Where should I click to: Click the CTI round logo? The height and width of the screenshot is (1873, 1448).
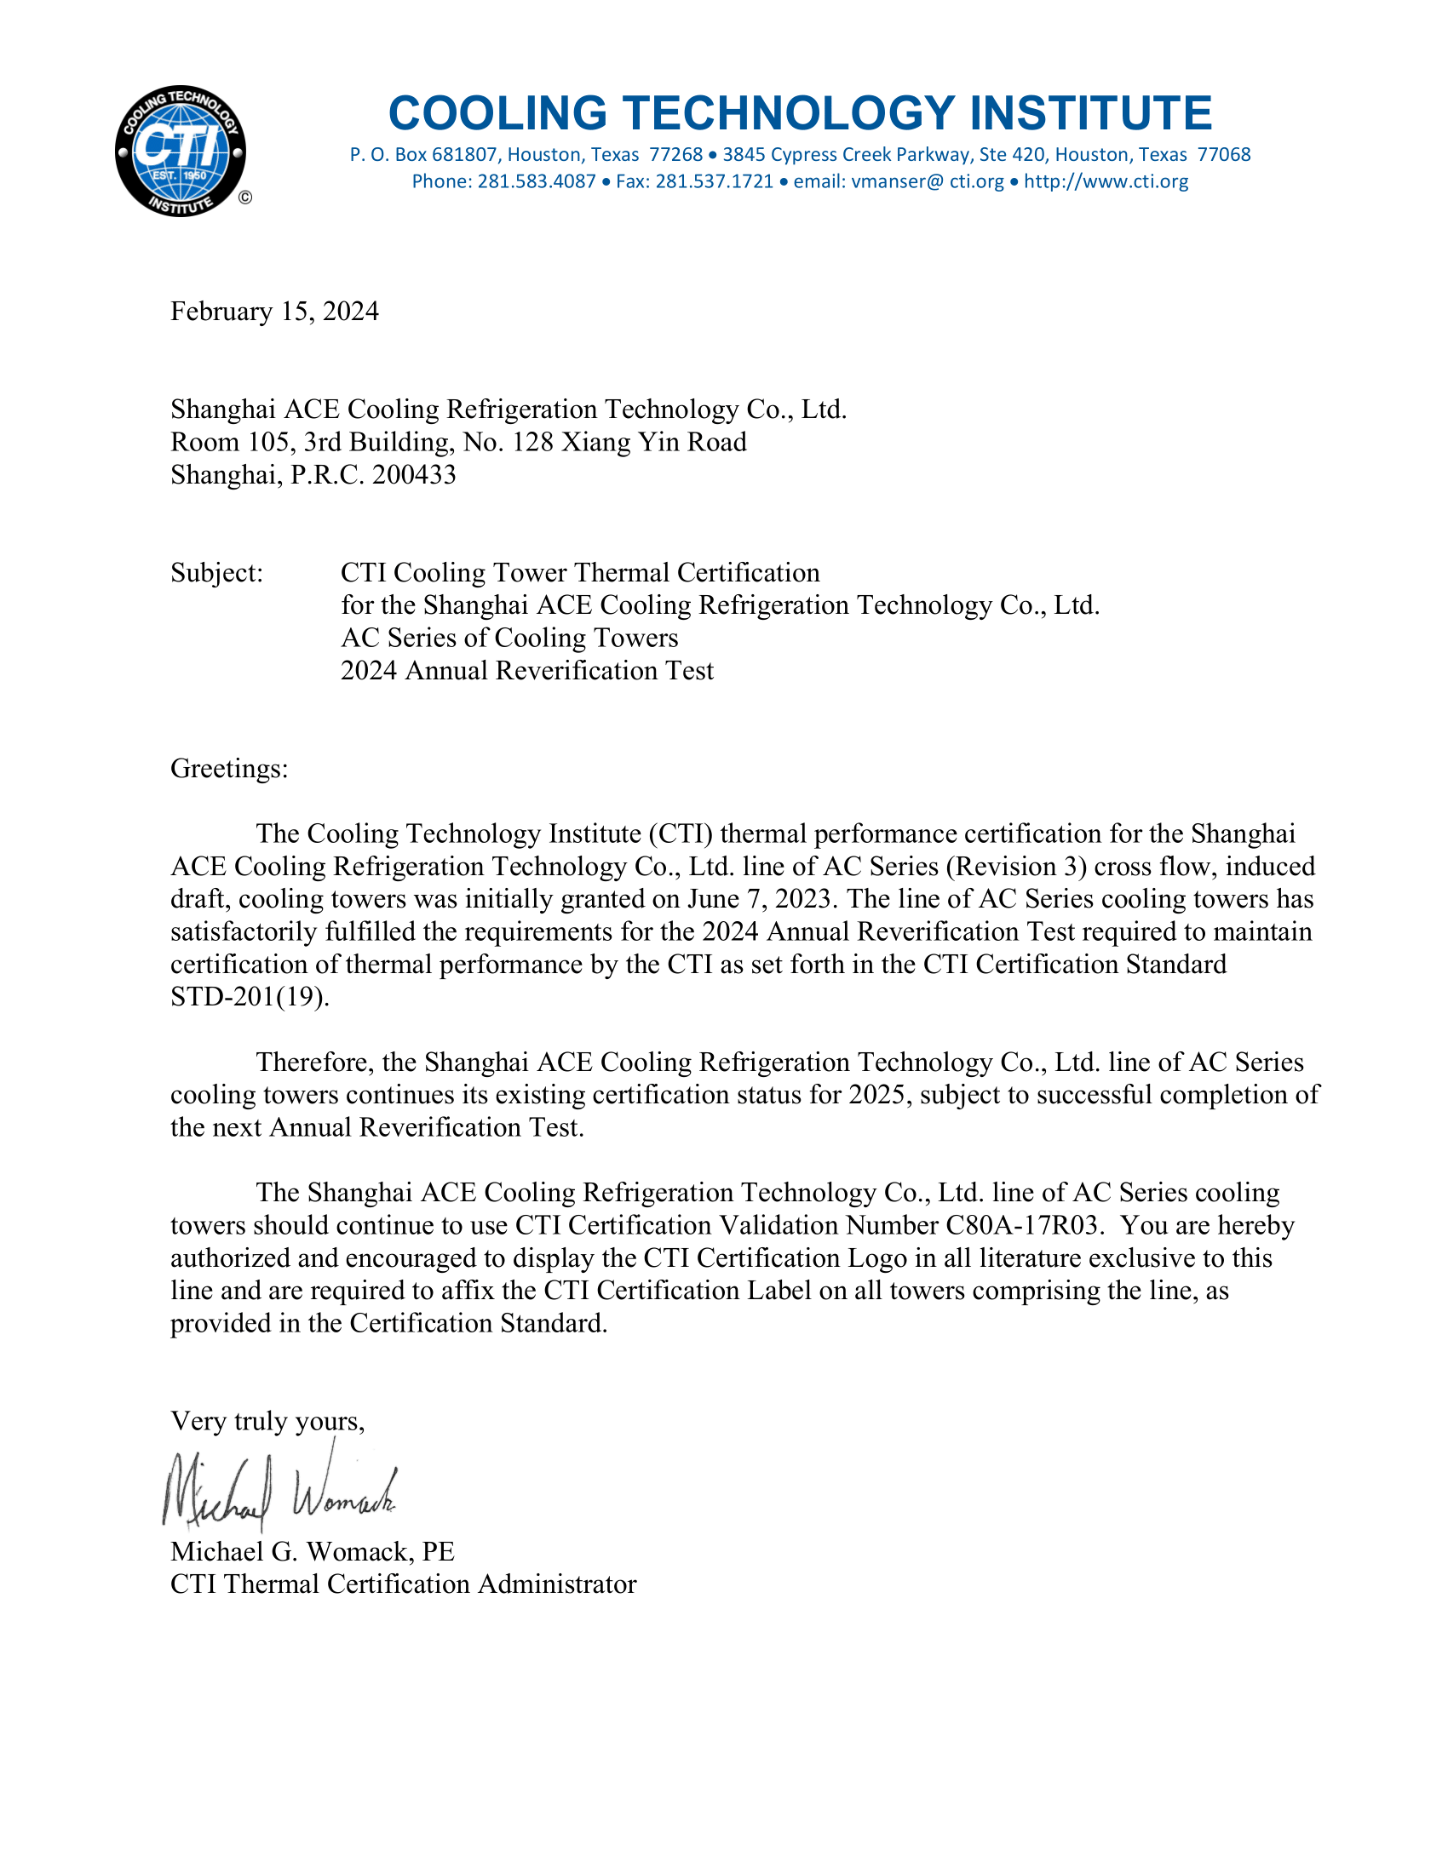pos(180,152)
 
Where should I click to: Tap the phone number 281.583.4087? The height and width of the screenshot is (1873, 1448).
pos(536,182)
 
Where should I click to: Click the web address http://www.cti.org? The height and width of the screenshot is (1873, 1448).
pos(1106,182)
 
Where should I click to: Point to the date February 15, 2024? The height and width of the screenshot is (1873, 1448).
pos(274,312)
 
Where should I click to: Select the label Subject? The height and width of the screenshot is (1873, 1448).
pos(217,573)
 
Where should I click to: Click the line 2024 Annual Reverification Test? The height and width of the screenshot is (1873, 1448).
pos(526,671)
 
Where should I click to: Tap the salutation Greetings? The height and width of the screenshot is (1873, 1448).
pos(229,769)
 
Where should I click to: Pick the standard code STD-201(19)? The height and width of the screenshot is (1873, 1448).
pos(250,998)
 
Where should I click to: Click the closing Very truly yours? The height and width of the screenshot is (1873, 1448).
pos(267,1421)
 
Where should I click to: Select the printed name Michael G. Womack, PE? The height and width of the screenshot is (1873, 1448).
pos(313,1551)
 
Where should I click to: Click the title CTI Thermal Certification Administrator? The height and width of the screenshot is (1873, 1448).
pos(403,1584)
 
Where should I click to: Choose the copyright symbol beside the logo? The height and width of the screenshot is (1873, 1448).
pos(245,198)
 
